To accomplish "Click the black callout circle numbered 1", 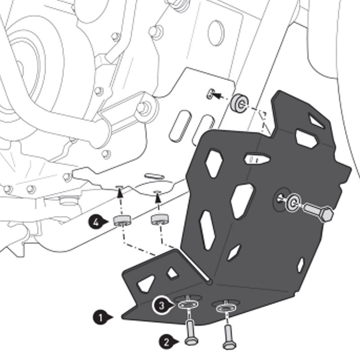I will coord(100,317).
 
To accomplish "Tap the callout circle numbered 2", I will coord(166,342).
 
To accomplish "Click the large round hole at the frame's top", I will coord(216,30).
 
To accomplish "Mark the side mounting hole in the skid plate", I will coord(281,197).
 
